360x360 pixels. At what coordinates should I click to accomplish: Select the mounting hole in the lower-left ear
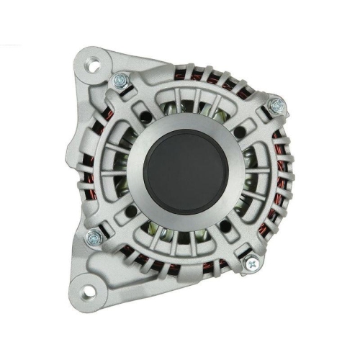pyautogui.click(x=87, y=291)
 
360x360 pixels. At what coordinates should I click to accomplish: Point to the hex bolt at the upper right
pyautogui.click(x=276, y=105)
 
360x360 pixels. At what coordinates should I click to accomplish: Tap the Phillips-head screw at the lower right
pyautogui.click(x=249, y=264)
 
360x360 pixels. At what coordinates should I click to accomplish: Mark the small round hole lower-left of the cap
pyautogui.click(x=132, y=211)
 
